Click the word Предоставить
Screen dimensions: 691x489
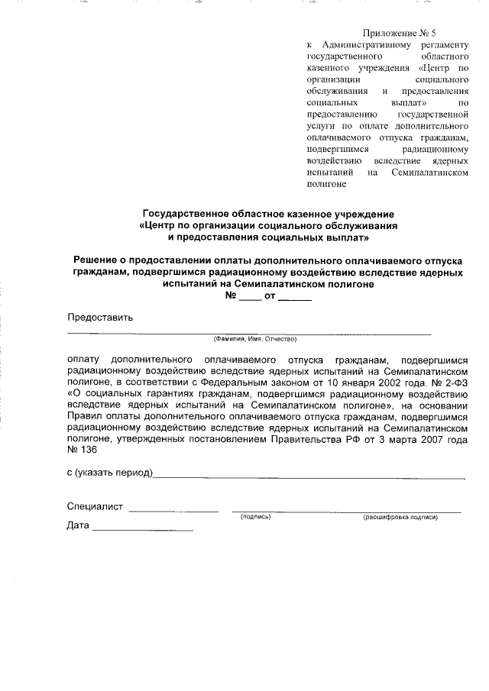(100, 318)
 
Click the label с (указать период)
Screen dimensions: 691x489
(110, 473)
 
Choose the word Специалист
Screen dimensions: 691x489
(95, 507)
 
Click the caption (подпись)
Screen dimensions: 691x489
(256, 518)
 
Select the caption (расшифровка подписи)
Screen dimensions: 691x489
(400, 518)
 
